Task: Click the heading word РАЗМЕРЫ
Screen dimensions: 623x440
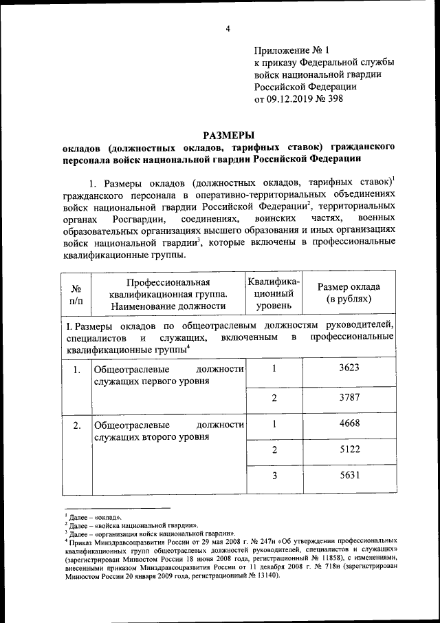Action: (227, 136)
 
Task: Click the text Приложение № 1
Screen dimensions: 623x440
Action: (292, 51)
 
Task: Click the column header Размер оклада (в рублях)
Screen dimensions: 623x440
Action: (349, 293)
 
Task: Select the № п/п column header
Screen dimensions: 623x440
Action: (76, 295)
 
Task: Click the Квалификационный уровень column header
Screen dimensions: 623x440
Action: (273, 293)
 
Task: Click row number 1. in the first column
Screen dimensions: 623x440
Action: (77, 370)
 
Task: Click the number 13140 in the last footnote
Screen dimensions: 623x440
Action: (261, 575)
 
